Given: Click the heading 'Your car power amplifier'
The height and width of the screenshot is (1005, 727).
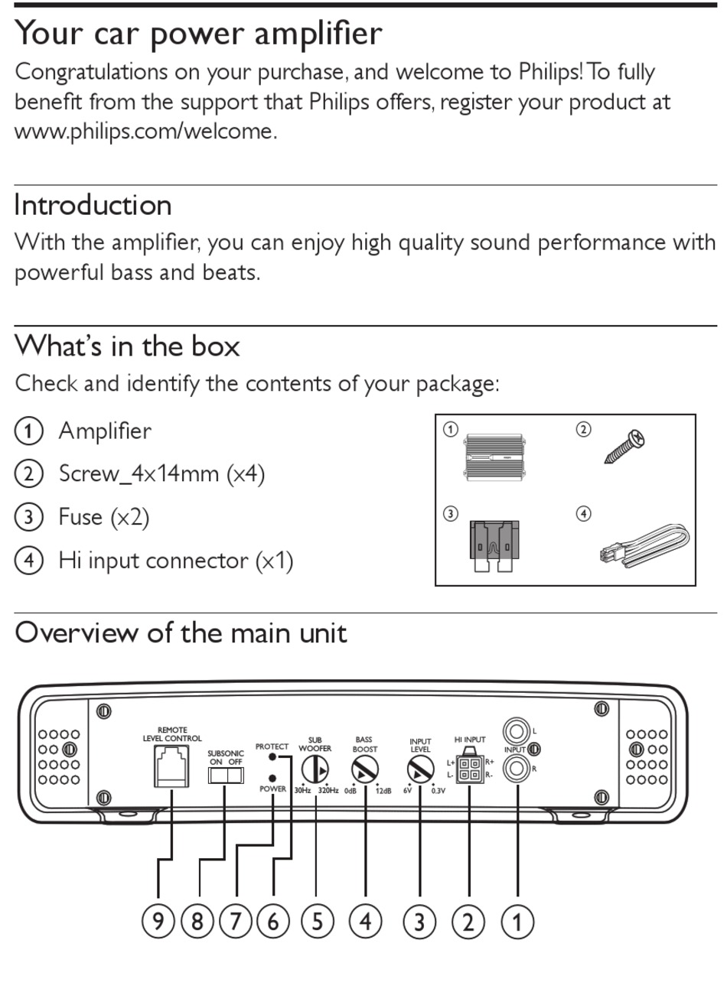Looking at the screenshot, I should point(198,34).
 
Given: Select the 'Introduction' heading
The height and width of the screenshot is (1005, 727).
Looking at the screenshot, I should point(93,205).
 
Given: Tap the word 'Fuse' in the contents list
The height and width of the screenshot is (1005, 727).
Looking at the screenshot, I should point(80,517).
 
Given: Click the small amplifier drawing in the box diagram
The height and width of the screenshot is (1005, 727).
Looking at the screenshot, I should point(497,457).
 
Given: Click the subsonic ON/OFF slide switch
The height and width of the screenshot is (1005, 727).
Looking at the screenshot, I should point(225,776).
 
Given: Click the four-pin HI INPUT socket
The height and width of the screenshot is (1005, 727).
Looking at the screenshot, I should point(469,769).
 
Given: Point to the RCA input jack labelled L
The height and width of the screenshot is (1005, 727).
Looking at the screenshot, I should point(517,732).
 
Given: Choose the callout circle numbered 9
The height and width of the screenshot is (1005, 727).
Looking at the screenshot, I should point(158,921).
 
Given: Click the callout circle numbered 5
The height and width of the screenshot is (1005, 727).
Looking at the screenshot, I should point(317,921).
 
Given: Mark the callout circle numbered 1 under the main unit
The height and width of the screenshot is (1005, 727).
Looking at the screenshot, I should point(517,921).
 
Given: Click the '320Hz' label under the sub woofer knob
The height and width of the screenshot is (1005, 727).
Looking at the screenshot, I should point(328,791).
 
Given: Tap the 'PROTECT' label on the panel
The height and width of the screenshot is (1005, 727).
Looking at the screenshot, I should point(272,746).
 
